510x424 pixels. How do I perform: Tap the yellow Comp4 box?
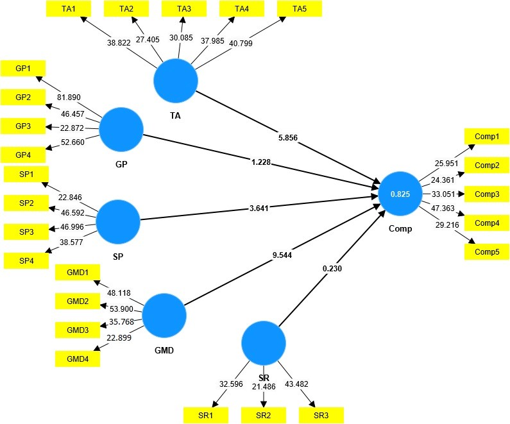486,223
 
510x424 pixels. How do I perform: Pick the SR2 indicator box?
264,415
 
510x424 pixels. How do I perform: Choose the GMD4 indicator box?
78,359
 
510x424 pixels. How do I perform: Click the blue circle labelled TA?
175,80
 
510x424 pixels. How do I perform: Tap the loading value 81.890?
71,98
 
